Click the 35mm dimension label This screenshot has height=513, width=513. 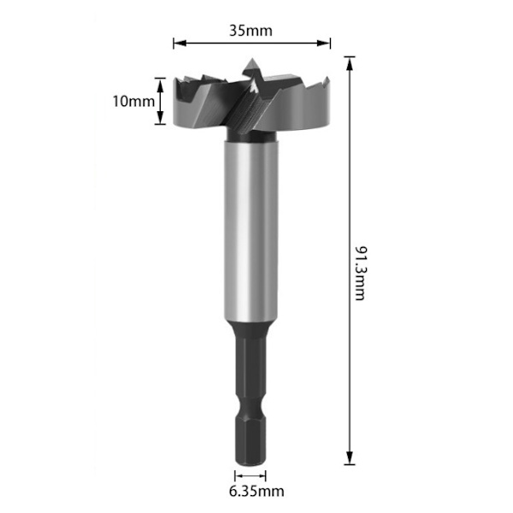coord(251,31)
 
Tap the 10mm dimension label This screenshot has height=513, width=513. coord(133,101)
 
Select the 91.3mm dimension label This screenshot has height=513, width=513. coord(361,274)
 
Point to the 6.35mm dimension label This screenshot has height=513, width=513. coord(256,491)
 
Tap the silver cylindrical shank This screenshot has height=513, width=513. coord(251,231)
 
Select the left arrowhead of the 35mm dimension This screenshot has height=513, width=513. coord(180,43)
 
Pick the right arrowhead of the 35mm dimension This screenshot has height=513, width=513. coord(324,43)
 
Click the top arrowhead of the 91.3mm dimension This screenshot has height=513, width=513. coord(350,63)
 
